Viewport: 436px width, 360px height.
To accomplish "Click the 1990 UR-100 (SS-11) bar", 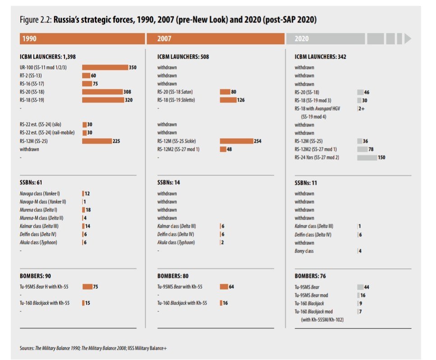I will point(105,67).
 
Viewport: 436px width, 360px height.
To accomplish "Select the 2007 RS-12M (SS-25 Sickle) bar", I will point(237,141).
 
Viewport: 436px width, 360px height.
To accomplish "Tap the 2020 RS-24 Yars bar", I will point(366,158).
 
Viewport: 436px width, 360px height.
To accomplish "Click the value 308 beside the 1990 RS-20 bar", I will point(127,92).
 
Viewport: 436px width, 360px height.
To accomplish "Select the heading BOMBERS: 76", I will point(310,276).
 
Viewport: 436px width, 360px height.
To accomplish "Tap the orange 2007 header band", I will point(215,39).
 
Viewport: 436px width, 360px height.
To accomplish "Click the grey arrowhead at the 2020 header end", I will point(408,39).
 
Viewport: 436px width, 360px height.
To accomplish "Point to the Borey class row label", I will point(304,251).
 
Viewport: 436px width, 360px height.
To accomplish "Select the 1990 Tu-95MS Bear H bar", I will point(87,286).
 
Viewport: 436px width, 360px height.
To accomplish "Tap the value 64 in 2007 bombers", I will point(232,286).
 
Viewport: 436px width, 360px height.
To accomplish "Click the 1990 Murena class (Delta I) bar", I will point(83,210).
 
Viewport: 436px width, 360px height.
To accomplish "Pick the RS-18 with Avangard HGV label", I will point(318,108).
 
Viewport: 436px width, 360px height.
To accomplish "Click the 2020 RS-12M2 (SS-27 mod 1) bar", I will point(362,149).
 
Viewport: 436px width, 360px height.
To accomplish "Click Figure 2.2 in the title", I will point(36,21).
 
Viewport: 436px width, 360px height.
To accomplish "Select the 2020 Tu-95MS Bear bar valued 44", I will point(360,287).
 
